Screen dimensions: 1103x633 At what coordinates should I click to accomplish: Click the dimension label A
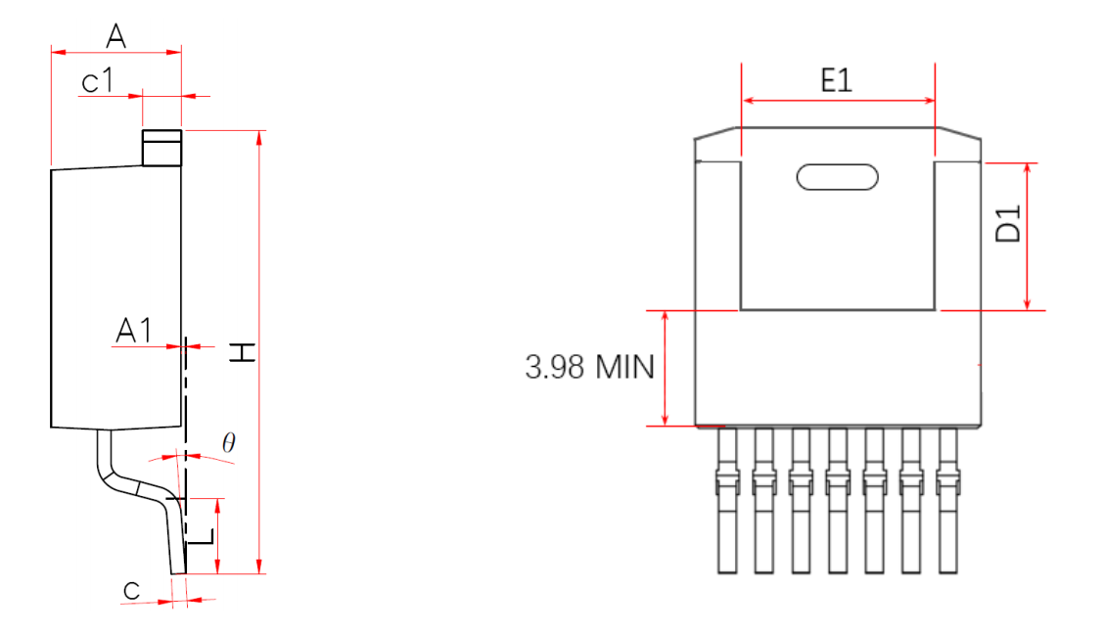click(x=116, y=35)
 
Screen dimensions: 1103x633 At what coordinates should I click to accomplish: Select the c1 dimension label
click(x=97, y=81)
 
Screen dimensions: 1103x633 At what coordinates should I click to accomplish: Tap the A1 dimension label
click(x=134, y=331)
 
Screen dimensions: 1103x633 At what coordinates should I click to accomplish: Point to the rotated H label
click(x=243, y=352)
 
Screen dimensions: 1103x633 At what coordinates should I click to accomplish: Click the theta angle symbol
click(x=229, y=442)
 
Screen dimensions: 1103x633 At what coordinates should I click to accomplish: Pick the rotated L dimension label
click(x=202, y=537)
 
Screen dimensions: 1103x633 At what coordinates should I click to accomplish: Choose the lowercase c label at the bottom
click(x=131, y=591)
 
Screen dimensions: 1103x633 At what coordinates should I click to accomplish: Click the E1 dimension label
click(x=837, y=80)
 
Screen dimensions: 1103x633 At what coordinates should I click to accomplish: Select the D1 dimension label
click(x=1008, y=224)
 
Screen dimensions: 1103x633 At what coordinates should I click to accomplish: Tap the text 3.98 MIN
click(x=589, y=367)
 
